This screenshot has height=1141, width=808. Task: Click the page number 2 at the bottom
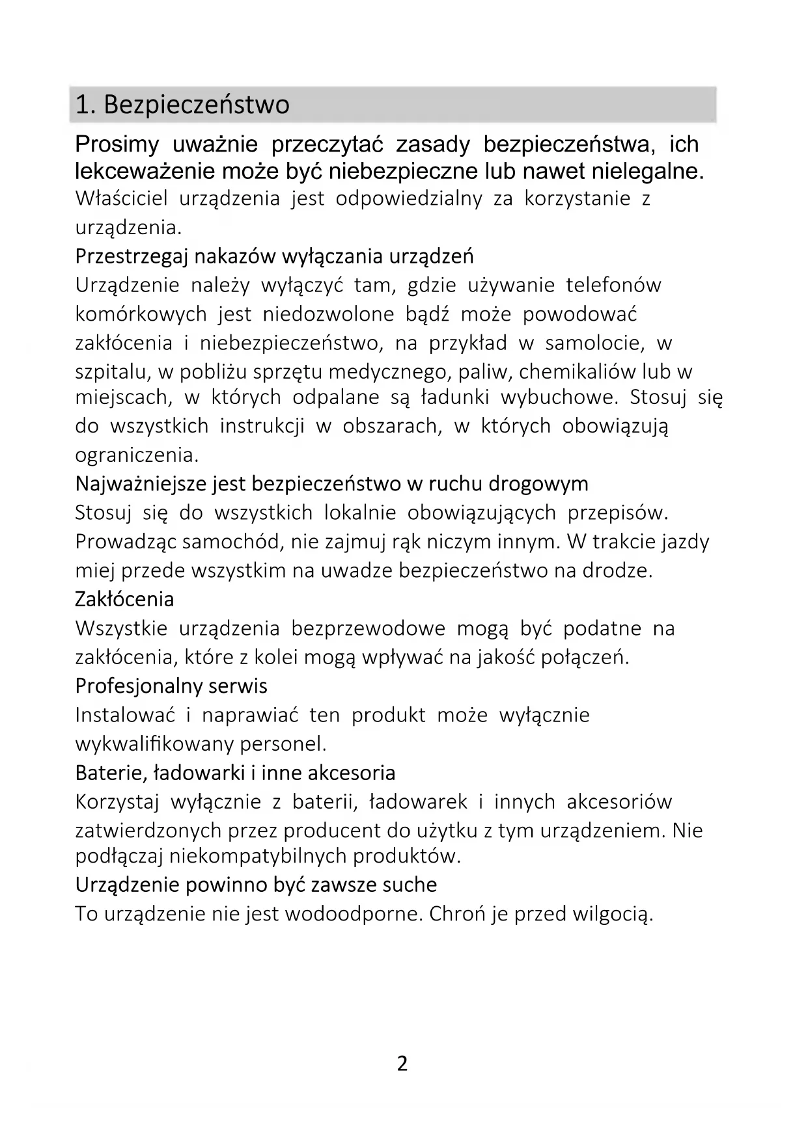point(402,1064)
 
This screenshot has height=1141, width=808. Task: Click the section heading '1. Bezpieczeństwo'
point(182,105)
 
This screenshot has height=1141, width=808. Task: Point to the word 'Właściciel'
point(121,198)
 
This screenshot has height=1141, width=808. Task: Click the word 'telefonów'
point(613,285)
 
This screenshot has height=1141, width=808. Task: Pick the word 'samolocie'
point(594,343)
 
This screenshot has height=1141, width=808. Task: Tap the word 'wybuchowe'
point(558,397)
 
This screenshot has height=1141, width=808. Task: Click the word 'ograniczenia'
point(136,455)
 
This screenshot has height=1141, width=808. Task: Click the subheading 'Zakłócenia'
point(124,599)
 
